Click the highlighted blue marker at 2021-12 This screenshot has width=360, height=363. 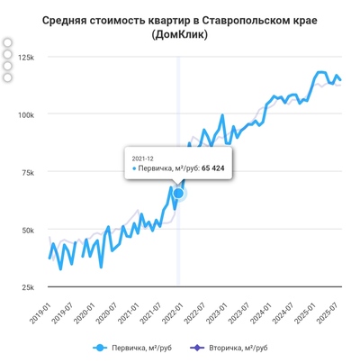178,193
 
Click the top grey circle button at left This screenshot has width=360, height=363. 8,43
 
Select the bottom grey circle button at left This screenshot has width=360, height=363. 8,77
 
